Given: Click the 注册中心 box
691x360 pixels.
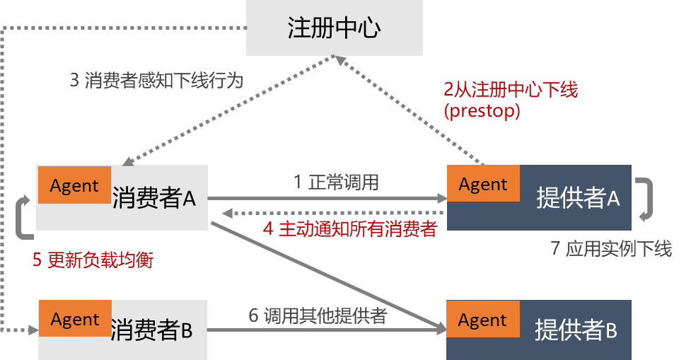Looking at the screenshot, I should [334, 28].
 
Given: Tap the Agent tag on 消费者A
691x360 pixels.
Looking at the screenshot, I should [74, 185].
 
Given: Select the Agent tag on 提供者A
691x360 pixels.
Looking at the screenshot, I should [483, 184].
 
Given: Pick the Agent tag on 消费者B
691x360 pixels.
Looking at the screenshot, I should [75, 319].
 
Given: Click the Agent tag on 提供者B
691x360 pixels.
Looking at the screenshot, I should [483, 320].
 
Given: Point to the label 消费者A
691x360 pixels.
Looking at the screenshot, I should [153, 199].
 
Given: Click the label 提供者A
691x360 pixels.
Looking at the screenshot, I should [578, 199].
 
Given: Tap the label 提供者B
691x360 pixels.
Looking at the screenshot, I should [576, 330].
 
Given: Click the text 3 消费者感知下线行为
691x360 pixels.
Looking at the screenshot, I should [156, 81].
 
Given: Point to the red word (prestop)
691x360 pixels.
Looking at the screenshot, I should [481, 111].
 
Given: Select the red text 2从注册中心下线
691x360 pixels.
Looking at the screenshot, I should [511, 91].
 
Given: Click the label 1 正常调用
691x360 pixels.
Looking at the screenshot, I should [336, 182].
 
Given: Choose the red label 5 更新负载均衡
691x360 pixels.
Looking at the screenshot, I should [93, 260].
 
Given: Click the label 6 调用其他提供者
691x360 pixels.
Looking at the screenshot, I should [318, 315].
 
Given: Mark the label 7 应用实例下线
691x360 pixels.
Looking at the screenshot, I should [611, 249].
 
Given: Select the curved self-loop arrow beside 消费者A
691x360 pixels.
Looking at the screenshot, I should [23, 216].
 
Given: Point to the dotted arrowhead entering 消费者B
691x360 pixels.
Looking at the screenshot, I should [33, 330].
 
